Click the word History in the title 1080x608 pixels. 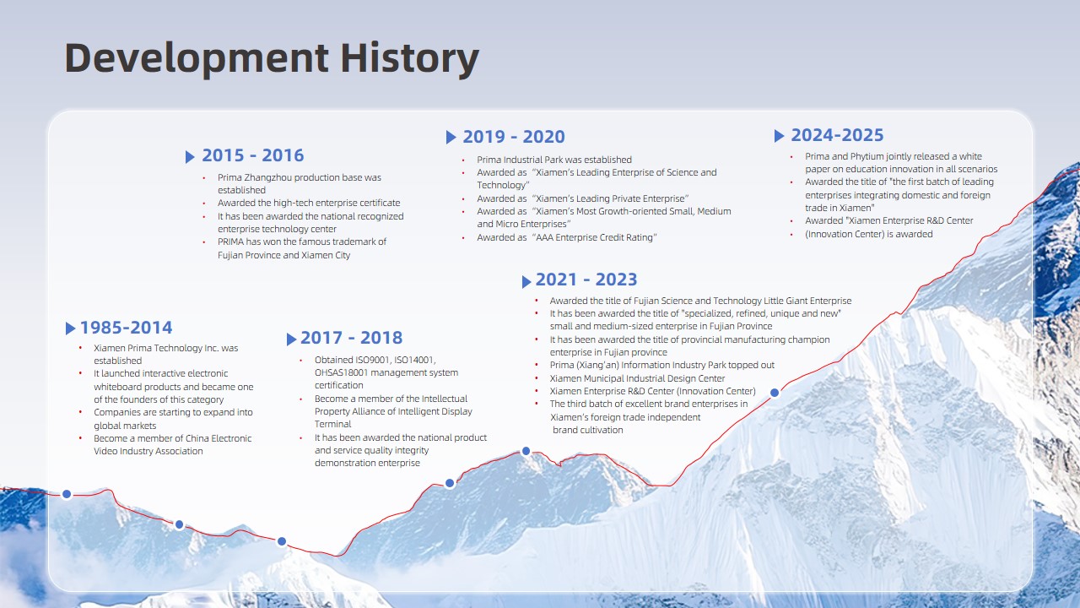pos(410,58)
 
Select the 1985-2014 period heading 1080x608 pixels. pos(127,328)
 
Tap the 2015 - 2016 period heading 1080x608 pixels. pos(253,155)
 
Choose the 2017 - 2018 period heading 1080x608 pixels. pos(352,338)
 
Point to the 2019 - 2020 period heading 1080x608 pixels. pos(514,137)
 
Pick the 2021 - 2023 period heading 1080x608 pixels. pos(586,280)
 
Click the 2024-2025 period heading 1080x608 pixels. pos(838,135)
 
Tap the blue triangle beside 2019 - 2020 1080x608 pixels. pos(451,138)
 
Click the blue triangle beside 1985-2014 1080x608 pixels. pos(70,328)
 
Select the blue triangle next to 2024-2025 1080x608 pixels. pos(779,136)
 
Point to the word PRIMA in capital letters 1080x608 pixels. pos(231,242)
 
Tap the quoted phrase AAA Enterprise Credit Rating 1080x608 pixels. pos(595,237)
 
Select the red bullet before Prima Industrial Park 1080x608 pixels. pos(463,160)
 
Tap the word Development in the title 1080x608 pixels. pos(197,59)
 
